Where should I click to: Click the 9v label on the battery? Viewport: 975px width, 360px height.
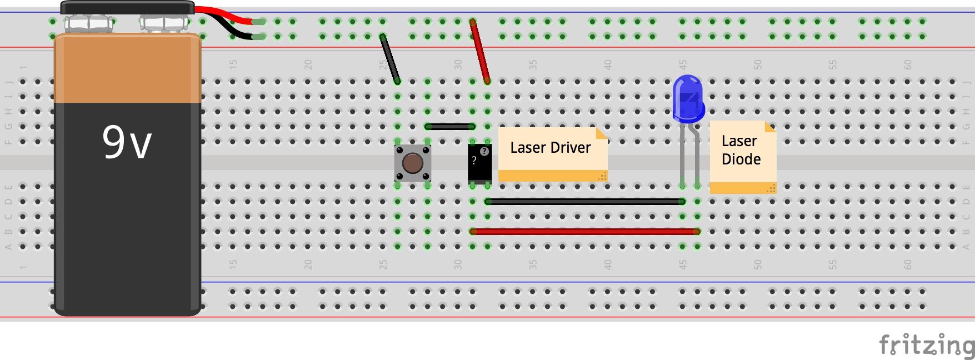[127, 142]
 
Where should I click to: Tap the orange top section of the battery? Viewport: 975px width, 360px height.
[128, 69]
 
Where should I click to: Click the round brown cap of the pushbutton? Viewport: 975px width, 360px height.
[412, 163]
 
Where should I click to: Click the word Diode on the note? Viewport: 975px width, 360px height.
[741, 159]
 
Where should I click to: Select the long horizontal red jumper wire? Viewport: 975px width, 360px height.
[583, 231]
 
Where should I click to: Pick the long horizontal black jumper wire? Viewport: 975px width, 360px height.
[583, 202]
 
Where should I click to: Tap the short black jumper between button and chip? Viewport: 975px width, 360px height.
[450, 127]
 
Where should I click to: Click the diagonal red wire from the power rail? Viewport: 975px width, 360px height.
[479, 51]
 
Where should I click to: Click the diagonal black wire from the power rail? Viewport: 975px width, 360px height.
[390, 59]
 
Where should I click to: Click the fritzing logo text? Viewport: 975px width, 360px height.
[927, 346]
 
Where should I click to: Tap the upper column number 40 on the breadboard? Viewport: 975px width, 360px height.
[608, 65]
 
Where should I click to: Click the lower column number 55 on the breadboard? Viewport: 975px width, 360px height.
[832, 265]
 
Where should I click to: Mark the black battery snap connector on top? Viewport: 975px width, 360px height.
[127, 8]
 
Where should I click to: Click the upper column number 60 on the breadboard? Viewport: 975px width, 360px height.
[907, 65]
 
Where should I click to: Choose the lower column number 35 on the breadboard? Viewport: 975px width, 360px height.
[533, 265]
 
